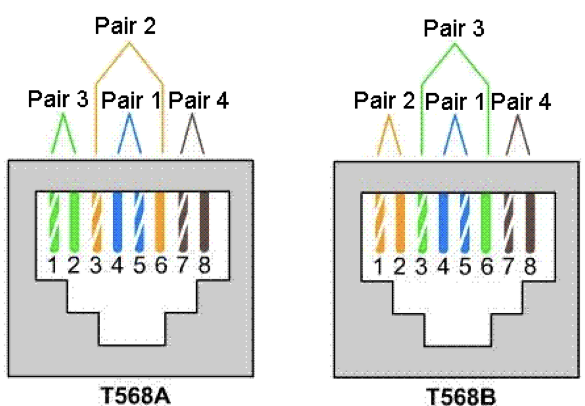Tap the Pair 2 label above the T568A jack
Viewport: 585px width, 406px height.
pos(125,26)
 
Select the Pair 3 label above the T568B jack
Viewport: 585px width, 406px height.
pos(454,28)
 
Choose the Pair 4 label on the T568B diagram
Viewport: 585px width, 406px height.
pos(521,101)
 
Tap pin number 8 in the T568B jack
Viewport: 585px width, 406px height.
pos(529,267)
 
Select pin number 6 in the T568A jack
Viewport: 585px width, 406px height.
pos(161,266)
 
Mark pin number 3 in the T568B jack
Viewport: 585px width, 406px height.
pos(421,267)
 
